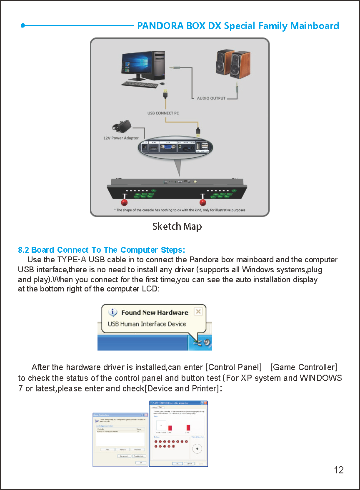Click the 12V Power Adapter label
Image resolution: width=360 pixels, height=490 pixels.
[121, 138]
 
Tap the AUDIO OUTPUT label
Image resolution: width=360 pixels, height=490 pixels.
[211, 98]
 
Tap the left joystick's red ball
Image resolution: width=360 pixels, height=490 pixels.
[125, 202]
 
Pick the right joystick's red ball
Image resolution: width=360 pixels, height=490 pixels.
[203, 202]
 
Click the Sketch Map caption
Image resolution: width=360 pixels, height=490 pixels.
[177, 226]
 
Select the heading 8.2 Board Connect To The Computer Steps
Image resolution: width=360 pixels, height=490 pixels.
[101, 250]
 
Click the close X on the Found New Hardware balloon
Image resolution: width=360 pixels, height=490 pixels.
[198, 311]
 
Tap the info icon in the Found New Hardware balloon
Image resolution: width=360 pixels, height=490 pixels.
[112, 312]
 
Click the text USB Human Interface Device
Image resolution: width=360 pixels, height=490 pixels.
[147, 324]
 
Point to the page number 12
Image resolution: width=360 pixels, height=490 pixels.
[339, 470]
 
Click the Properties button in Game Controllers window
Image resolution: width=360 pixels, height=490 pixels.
[137, 450]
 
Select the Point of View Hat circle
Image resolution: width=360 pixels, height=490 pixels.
[197, 449]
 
